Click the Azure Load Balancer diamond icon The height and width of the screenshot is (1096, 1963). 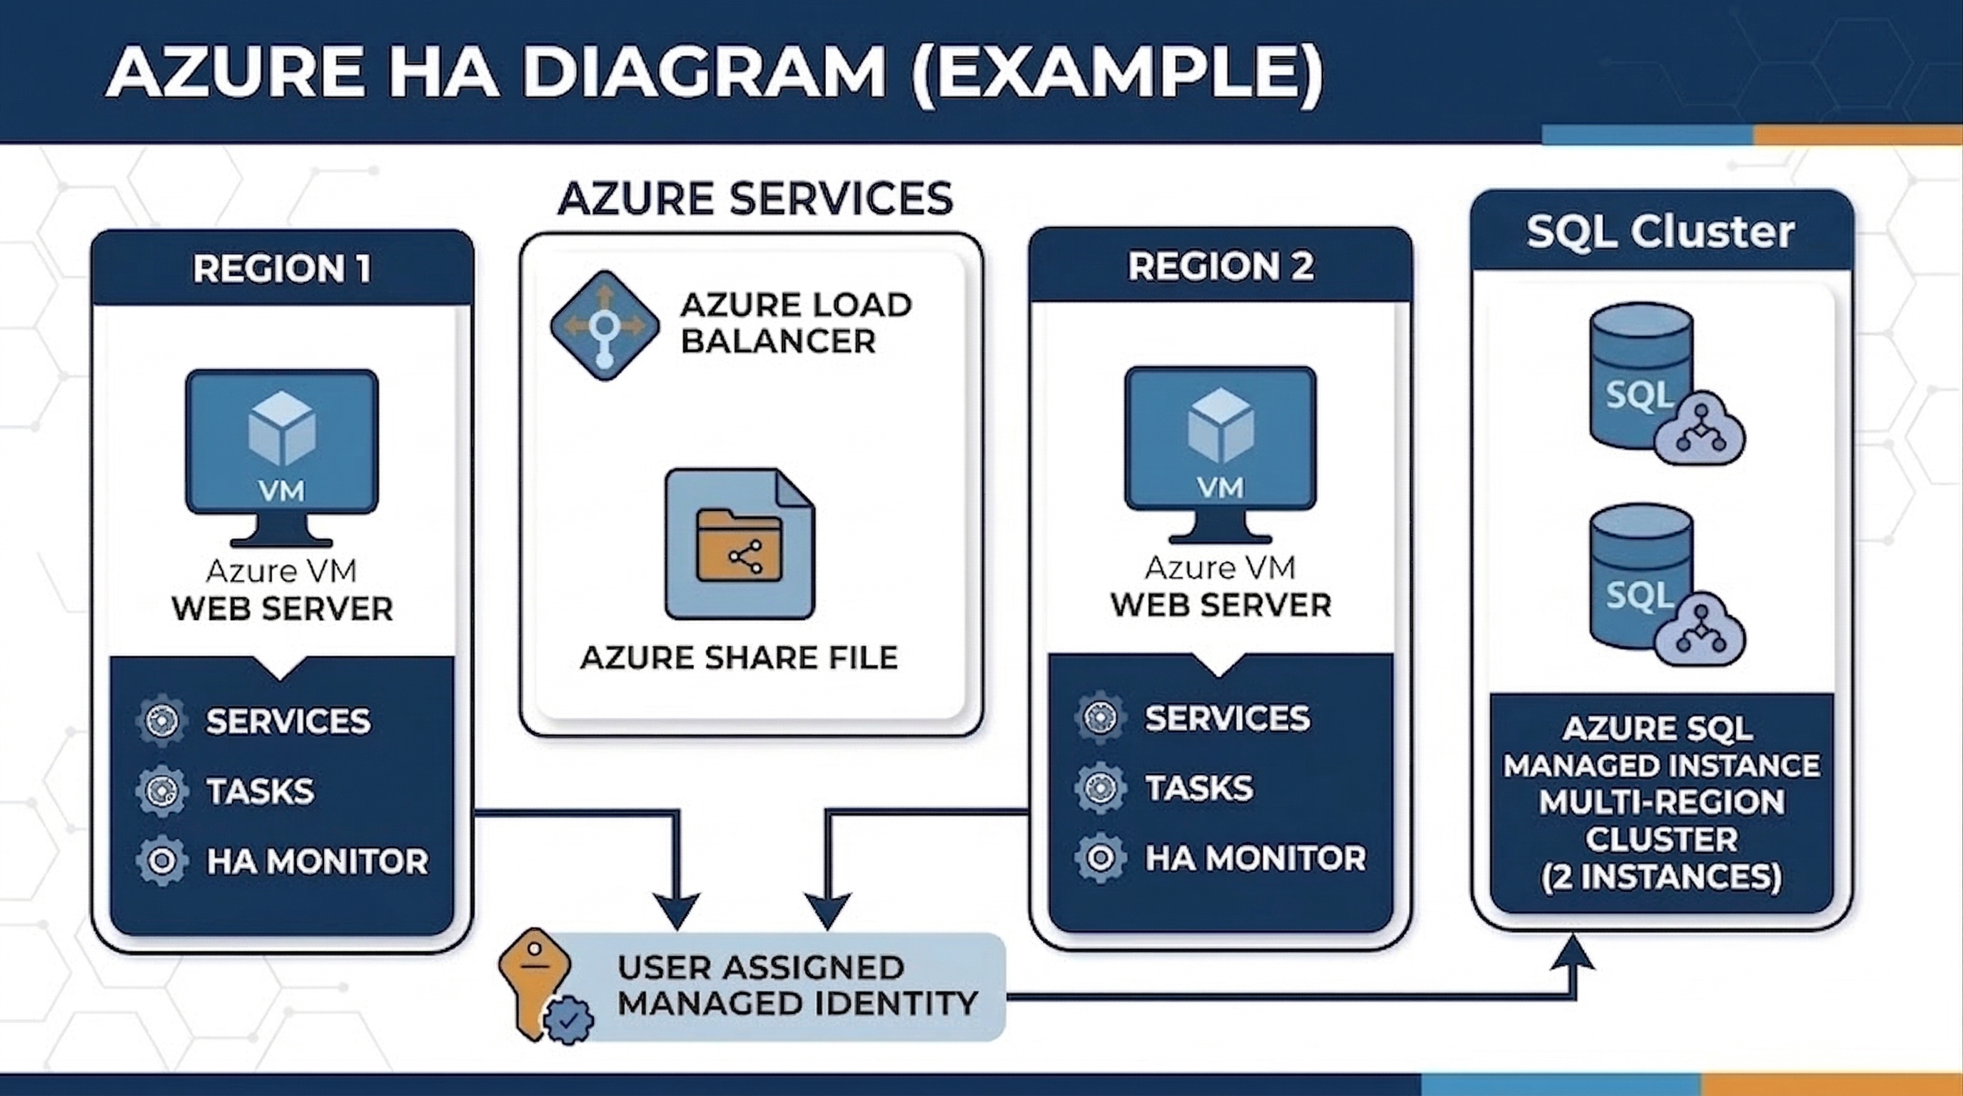(605, 325)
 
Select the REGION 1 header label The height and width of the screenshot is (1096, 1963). (282, 268)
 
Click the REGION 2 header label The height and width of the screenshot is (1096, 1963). (1220, 266)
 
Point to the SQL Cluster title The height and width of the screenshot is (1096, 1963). (1660, 231)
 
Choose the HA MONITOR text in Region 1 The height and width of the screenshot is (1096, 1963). (317, 861)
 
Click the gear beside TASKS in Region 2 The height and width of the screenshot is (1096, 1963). (1101, 788)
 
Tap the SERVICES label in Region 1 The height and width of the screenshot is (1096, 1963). (288, 721)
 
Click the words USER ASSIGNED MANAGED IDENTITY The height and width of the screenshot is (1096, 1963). (797, 985)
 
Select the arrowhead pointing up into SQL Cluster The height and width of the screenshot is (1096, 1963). (1573, 953)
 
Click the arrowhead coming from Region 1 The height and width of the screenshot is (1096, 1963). (677, 911)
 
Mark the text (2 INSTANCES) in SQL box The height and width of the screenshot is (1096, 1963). (1661, 876)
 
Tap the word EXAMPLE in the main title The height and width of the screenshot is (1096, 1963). (1116, 72)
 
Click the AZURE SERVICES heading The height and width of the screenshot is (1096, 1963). (755, 199)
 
